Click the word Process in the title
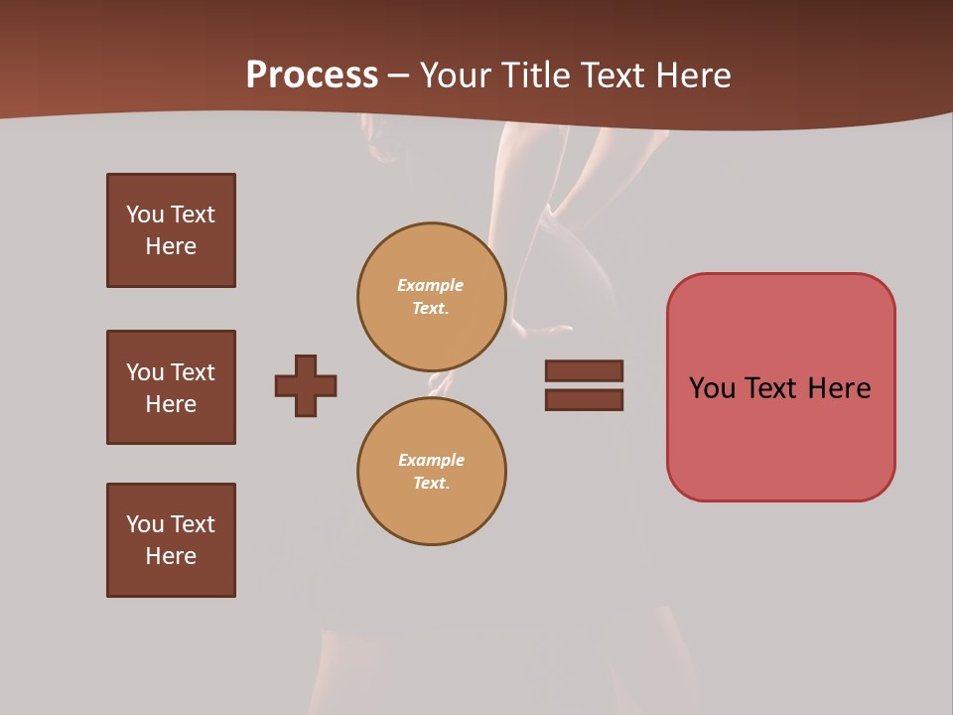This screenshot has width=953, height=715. coord(312,75)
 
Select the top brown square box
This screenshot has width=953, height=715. coord(171,230)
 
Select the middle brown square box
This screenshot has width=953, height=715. coord(171,387)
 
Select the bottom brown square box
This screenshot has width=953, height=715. coord(171,540)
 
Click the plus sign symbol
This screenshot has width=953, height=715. coord(306,385)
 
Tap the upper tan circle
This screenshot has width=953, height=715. coord(432,297)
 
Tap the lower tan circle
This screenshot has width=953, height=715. coord(432,472)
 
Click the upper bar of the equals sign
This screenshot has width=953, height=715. coord(584,370)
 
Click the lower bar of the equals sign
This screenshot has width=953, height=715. coord(584,400)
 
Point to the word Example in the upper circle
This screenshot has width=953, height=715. coord(431,285)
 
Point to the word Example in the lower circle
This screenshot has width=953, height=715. coord(431,460)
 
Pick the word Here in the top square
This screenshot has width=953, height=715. coord(171,246)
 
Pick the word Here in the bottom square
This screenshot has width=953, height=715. coord(171,556)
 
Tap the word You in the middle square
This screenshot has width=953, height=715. coord(144,372)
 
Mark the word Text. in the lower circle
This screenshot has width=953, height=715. coord(431,484)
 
